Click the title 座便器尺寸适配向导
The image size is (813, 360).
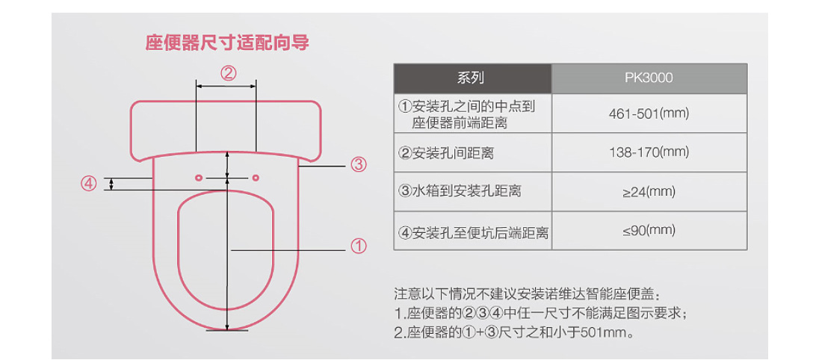227,43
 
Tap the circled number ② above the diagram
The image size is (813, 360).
228,73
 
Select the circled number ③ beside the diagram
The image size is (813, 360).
358,166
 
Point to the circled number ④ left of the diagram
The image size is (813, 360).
89,184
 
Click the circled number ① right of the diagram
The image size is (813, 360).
359,246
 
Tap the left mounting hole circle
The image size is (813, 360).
198,178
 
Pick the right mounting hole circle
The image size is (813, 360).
255,178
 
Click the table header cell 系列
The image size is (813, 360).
472,78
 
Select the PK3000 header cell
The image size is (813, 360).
649,78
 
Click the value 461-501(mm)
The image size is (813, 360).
649,113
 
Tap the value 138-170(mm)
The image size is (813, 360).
649,152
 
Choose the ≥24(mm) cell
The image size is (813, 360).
649,192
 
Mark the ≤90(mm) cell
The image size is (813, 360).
649,231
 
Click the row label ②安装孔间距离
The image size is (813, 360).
445,153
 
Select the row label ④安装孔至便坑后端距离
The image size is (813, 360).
473,232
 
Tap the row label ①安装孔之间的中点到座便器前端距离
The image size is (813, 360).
466,114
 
